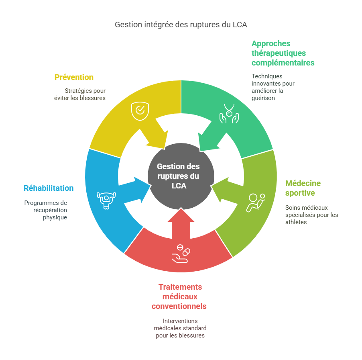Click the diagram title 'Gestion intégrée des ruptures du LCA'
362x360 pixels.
[181, 25]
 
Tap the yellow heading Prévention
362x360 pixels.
[74, 77]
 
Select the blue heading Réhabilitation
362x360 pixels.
[49, 188]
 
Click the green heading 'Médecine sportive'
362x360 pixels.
[303, 188]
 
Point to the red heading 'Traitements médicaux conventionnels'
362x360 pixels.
[179, 297]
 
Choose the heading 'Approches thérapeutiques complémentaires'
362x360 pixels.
[283, 53]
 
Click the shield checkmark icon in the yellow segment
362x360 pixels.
[139, 111]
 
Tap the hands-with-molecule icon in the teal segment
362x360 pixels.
[229, 113]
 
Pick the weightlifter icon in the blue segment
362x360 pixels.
[106, 200]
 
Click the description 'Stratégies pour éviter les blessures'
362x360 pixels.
[85, 94]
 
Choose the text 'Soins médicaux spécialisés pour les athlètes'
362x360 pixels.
[311, 215]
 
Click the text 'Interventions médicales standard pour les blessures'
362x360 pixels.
[180, 328]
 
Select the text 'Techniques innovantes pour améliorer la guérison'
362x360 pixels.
[273, 87]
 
